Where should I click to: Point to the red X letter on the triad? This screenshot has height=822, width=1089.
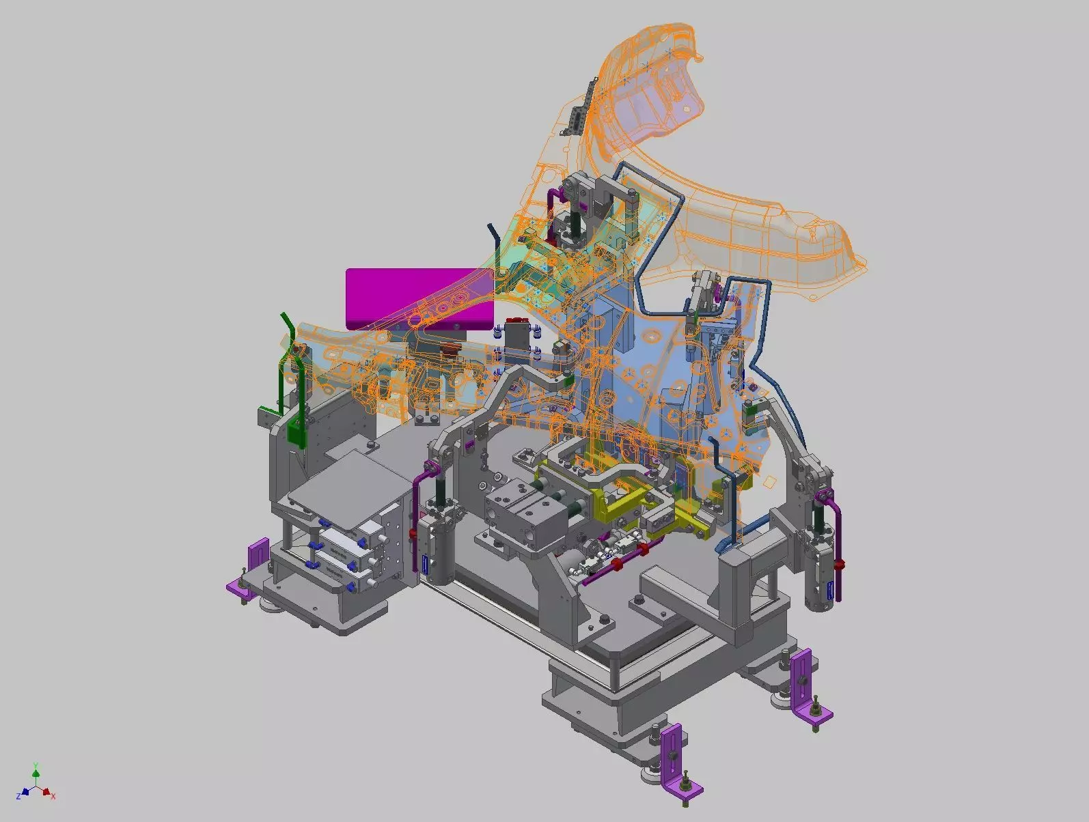tap(53, 796)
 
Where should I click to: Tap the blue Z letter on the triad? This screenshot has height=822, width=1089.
tap(19, 796)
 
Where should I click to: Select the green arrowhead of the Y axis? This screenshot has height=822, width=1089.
tap(36, 774)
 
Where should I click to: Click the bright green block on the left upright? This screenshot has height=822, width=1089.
tap(295, 433)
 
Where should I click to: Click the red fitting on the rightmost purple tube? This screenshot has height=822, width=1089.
tap(840, 564)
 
